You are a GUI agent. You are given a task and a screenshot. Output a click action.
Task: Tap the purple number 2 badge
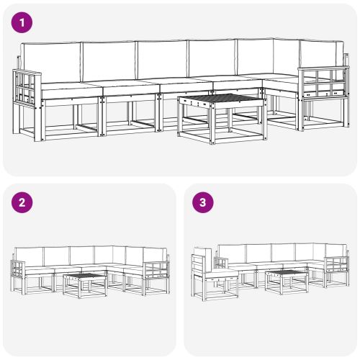point(22,202)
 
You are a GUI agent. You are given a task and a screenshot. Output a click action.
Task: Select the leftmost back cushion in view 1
point(50,60)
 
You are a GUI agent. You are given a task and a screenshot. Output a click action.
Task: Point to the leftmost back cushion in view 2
point(30,255)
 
